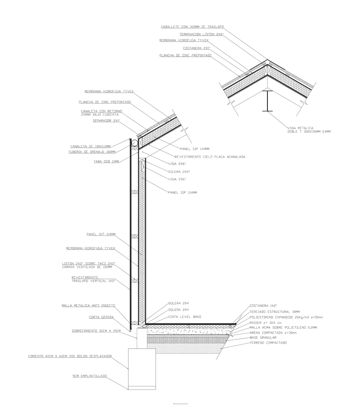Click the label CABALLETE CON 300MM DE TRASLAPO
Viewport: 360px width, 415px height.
192,27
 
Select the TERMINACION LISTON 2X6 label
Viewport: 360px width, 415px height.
201,34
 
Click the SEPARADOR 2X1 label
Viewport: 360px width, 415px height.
106,121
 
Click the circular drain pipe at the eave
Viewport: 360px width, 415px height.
135,143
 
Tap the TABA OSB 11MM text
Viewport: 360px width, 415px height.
106,161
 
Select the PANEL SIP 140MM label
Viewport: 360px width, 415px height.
195,149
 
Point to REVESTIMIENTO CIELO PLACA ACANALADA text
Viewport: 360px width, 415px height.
210,157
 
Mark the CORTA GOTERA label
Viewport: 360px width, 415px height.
102,317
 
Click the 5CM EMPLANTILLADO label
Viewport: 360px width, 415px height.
89,376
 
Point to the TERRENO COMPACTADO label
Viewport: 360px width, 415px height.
268,343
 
